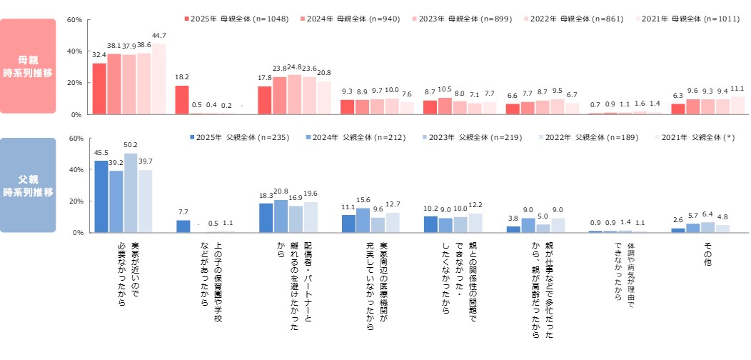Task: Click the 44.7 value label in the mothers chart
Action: click(x=158, y=36)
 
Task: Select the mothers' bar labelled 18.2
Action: click(x=182, y=100)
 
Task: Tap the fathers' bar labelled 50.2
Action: click(x=131, y=193)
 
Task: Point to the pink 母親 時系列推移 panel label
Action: click(x=27, y=66)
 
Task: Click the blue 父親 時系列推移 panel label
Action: click(x=27, y=185)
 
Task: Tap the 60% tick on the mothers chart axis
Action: click(x=75, y=20)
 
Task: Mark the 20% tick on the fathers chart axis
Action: click(x=75, y=201)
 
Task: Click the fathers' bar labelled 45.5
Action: click(x=101, y=196)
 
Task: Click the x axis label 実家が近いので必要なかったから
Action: click(x=128, y=275)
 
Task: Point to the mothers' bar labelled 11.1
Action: click(x=737, y=105)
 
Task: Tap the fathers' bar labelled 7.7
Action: click(x=183, y=226)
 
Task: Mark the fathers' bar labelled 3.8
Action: click(x=513, y=229)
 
